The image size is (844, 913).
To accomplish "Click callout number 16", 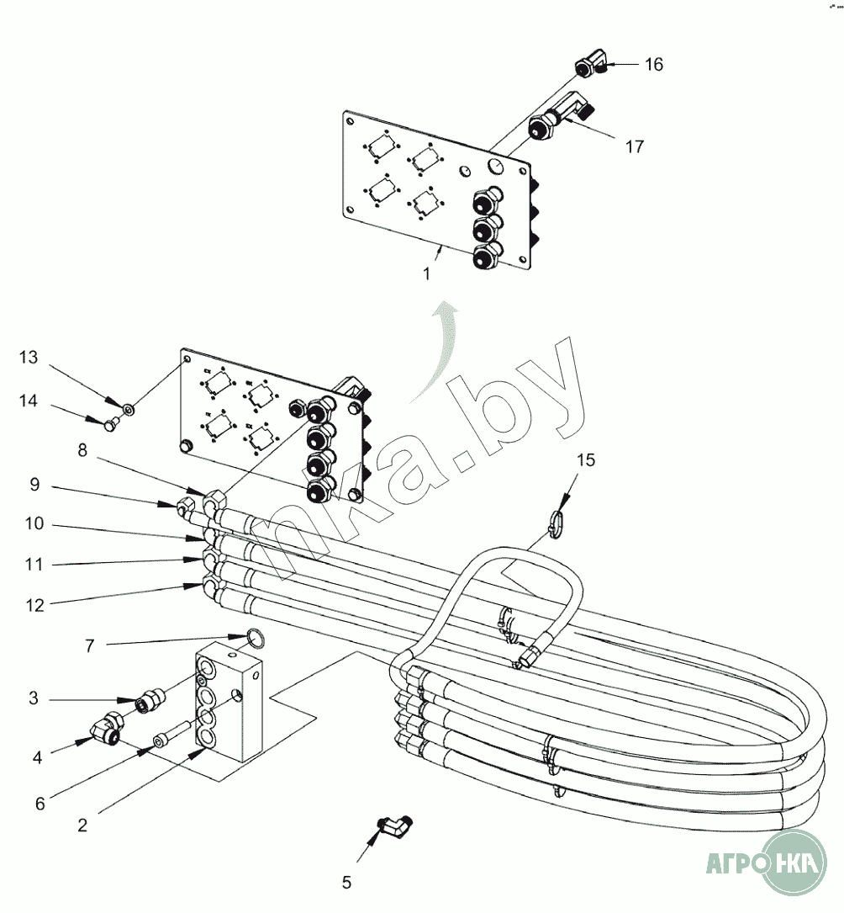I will [653, 65].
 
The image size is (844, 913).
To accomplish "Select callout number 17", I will [635, 146].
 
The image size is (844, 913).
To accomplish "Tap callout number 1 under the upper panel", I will [427, 273].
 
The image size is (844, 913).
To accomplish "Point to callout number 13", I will [29, 358].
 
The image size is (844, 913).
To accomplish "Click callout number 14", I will [29, 401].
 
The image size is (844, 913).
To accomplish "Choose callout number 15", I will [586, 459].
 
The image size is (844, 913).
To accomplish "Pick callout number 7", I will [89, 645].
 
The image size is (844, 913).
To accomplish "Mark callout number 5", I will [346, 883].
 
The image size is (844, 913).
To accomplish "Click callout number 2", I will [82, 825].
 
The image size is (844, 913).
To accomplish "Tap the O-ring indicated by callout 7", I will [257, 639].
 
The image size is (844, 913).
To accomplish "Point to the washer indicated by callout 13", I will [129, 410].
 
